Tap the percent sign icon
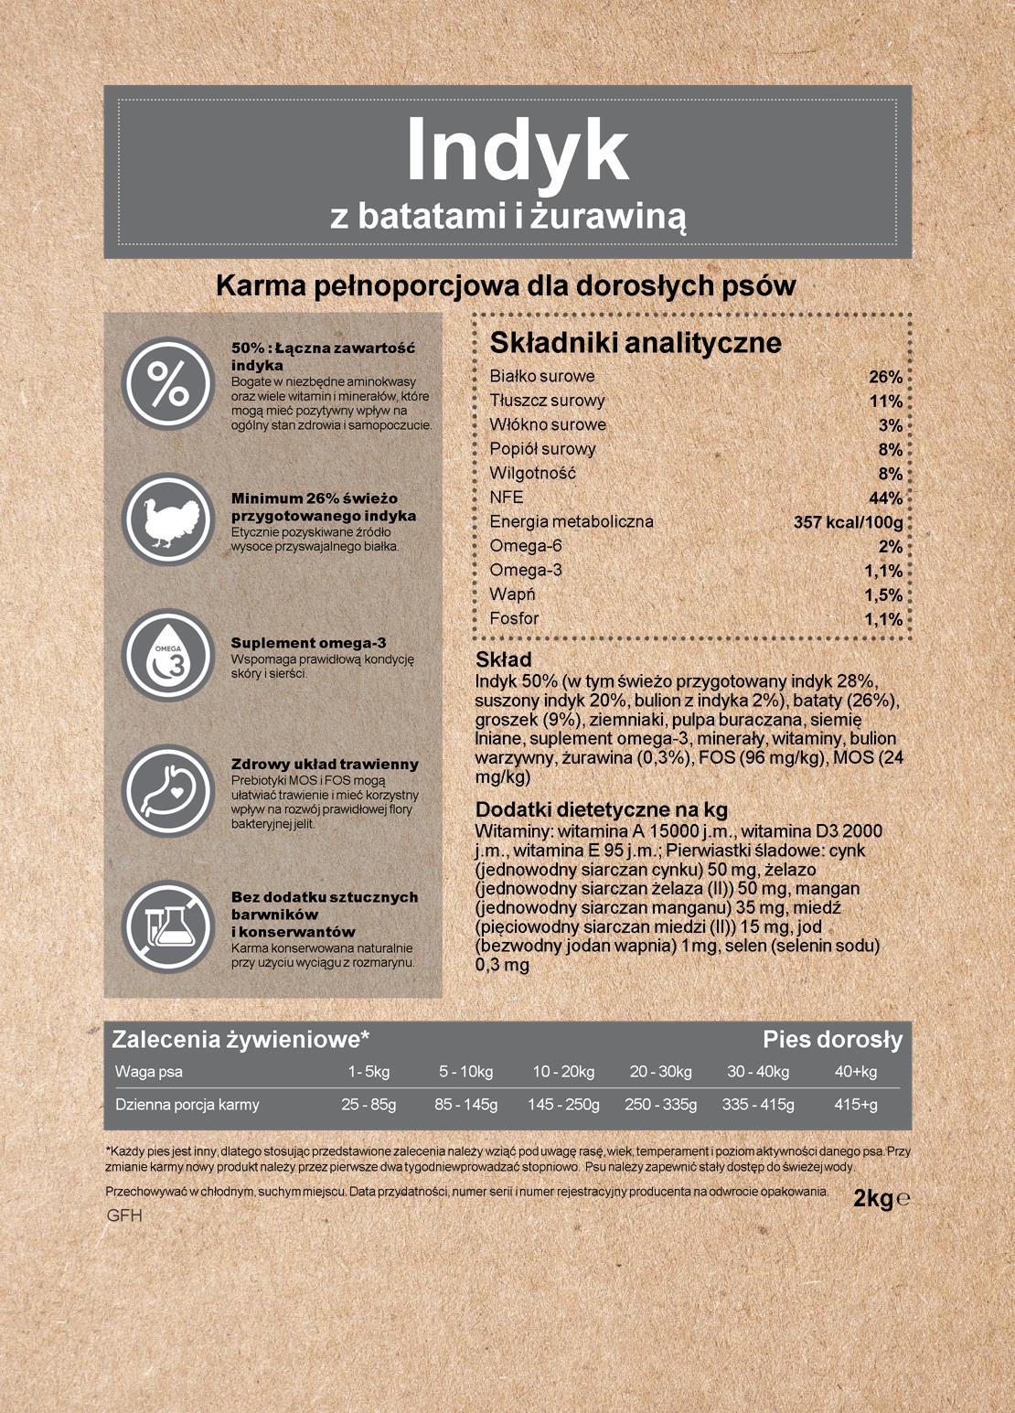pyautogui.click(x=168, y=383)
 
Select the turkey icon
pyautogui.click(x=168, y=519)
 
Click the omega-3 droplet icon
pyautogui.click(x=168, y=655)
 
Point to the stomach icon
pyautogui.click(x=168, y=790)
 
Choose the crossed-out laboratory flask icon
pyautogui.click(x=168, y=926)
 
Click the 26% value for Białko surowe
pyautogui.click(x=885, y=377)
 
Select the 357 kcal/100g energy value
pyautogui.click(x=848, y=522)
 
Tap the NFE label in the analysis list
pyautogui.click(x=507, y=498)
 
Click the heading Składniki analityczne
pyautogui.click(x=636, y=343)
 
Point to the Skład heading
pyautogui.click(x=503, y=659)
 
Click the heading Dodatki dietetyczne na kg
pyautogui.click(x=601, y=810)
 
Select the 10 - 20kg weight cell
pyautogui.click(x=563, y=1072)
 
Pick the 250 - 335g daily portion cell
pyautogui.click(x=660, y=1105)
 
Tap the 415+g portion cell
pyautogui.click(x=855, y=1105)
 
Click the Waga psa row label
pyautogui.click(x=148, y=1072)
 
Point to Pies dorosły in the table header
pyautogui.click(x=832, y=1040)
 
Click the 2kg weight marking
pyautogui.click(x=873, y=1198)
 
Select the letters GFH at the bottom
pyautogui.click(x=124, y=1216)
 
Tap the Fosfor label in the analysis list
pyautogui.click(x=514, y=619)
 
